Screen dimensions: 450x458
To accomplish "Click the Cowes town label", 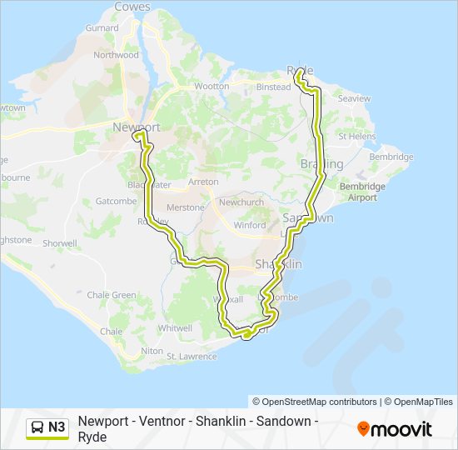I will coord(132,7).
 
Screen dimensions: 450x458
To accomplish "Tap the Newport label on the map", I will coord(136,127).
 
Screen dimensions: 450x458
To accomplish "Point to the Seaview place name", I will coord(355,98).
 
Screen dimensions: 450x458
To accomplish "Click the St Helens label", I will coord(356,136).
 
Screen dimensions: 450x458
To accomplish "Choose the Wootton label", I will coord(211,86).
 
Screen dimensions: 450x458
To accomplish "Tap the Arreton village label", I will coord(203,182).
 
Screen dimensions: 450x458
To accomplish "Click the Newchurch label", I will coord(241,202).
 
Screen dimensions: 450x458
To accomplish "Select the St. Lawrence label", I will coord(192,357).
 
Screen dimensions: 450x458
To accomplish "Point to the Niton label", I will coord(152,351).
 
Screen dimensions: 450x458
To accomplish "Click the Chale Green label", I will coord(112,295).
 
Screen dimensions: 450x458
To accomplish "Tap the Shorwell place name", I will coord(59,243).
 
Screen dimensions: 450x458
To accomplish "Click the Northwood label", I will coord(116,55).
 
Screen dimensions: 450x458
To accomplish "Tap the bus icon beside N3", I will coord(37,427).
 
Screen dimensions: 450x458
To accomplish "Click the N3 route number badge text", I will coord(57,427).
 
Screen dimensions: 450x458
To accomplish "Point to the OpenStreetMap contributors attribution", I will coord(315,402).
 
